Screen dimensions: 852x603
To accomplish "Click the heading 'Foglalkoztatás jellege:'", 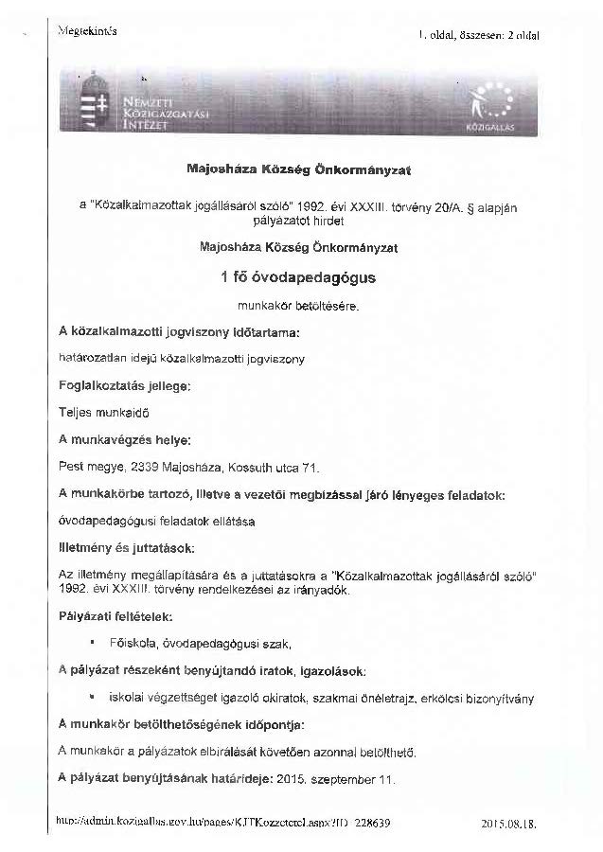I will coord(124,386).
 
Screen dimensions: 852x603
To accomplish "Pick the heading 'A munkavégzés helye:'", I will coord(124,440).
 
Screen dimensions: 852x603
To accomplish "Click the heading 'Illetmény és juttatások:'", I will coord(127,548).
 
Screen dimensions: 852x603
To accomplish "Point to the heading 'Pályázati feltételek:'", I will coord(116,616).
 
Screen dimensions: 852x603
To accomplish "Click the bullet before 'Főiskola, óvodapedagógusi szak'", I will coord(91,643).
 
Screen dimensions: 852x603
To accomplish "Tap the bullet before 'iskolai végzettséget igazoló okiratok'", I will coord(91,698).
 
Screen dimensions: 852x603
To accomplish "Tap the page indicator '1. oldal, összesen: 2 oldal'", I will coord(479,35).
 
